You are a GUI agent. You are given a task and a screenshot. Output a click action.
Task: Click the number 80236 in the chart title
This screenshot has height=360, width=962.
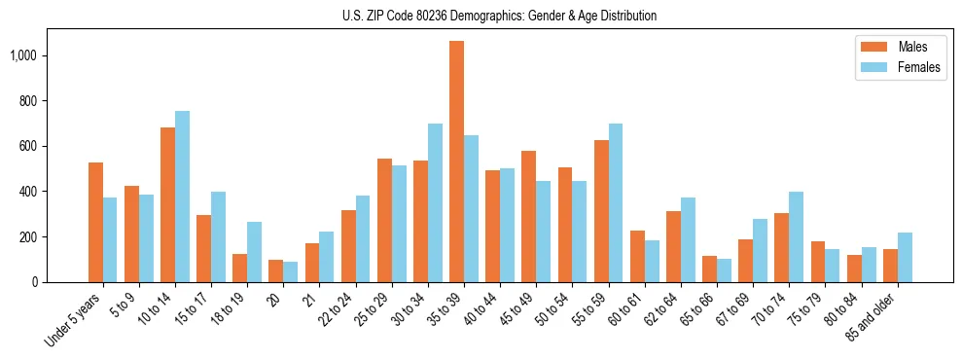pyautogui.click(x=439, y=16)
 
